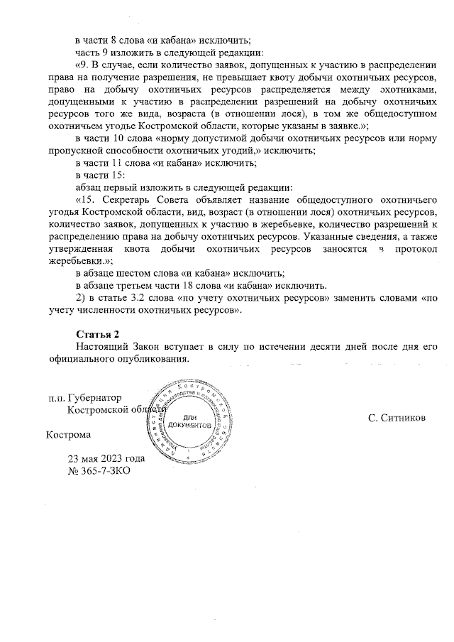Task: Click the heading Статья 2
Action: (x=98, y=333)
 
